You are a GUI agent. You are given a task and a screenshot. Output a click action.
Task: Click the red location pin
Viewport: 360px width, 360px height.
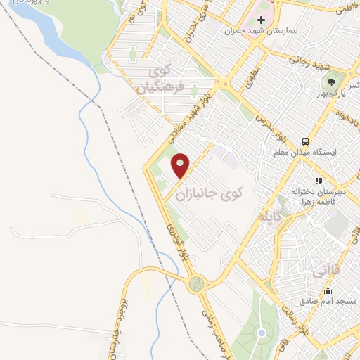[181, 165]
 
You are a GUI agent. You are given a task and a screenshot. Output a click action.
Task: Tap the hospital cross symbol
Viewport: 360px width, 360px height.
[262, 20]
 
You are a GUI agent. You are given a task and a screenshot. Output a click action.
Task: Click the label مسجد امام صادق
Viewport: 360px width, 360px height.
[328, 301]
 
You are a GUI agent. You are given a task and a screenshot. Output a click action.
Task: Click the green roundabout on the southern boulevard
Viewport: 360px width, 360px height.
[197, 283]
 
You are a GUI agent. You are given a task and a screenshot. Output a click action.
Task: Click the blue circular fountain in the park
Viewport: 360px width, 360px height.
[261, 333]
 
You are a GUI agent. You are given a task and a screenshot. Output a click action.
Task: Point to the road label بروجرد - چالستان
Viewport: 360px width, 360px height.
[112, 331]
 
